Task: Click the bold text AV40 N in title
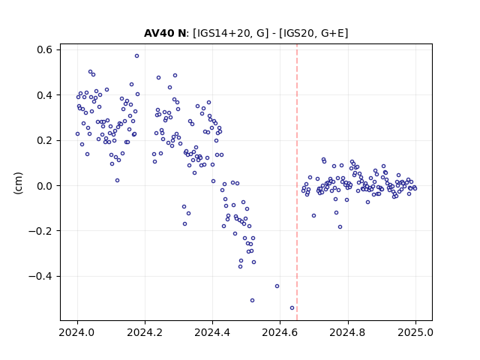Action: [165, 33]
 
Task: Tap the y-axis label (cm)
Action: [18, 183]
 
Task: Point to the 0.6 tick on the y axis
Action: [45, 49]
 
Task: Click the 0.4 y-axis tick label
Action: [45, 95]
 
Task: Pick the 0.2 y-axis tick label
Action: [45, 140]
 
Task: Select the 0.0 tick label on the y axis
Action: [45, 186]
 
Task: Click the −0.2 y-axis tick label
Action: [40, 231]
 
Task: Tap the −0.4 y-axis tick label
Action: [40, 277]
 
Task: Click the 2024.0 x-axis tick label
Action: [77, 332]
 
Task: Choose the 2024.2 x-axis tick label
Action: [145, 332]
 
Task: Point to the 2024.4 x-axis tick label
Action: [212, 332]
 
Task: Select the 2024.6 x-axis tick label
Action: [280, 332]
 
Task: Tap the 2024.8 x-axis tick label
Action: [348, 332]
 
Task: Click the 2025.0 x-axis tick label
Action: [415, 332]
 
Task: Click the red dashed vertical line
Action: [297, 182]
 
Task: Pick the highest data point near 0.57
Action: [136, 56]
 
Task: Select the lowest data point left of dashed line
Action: [292, 308]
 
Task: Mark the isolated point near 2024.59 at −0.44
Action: [277, 286]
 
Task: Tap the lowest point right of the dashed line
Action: [340, 226]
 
